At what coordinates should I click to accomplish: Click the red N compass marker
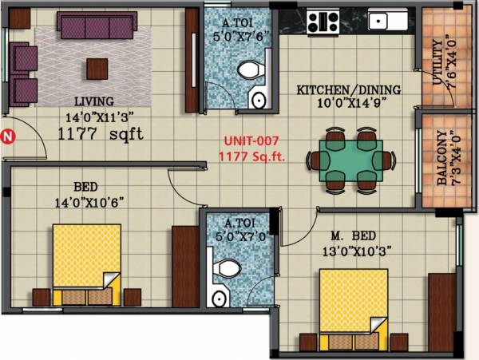click(x=8, y=136)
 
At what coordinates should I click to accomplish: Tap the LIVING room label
click(x=94, y=101)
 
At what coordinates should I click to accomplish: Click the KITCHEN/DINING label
click(x=349, y=90)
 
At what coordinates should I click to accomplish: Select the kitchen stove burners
click(x=320, y=21)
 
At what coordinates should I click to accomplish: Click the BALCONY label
click(x=441, y=168)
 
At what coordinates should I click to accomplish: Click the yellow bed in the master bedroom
click(x=352, y=303)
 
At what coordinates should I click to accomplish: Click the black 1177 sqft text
click(x=101, y=135)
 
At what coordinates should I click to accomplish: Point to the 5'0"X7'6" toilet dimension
click(x=238, y=35)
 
